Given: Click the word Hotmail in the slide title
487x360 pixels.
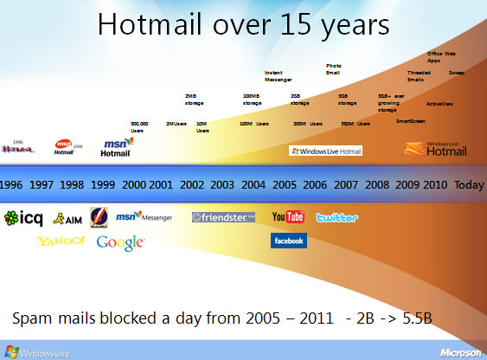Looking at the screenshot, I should pos(146,25).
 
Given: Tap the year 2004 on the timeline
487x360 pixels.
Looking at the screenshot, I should pos(253,185).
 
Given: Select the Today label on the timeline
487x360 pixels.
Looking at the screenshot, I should pos(470,185).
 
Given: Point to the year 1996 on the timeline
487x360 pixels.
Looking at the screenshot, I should pos(12,185).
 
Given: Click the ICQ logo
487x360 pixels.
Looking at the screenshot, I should pos(23,217).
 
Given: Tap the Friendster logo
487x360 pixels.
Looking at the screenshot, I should pos(223,217).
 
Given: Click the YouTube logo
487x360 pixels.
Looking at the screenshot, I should pos(287,216).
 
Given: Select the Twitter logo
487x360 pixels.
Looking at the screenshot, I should pos(337,217).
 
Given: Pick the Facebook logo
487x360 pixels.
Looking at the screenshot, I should pos(288,241).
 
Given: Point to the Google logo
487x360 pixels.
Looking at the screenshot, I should pos(120,242).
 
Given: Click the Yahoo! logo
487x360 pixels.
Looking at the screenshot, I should pos(61,241).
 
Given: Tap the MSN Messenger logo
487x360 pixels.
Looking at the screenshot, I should pos(144,216).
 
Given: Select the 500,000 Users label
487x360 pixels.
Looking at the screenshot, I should pos(138,126).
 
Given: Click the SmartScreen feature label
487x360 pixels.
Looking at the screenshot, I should pos(411,121).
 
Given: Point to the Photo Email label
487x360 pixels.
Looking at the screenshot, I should pos(334,69).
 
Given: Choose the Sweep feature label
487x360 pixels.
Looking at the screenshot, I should pos(456,73).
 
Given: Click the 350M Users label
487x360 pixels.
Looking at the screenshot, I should pos(355,124).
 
